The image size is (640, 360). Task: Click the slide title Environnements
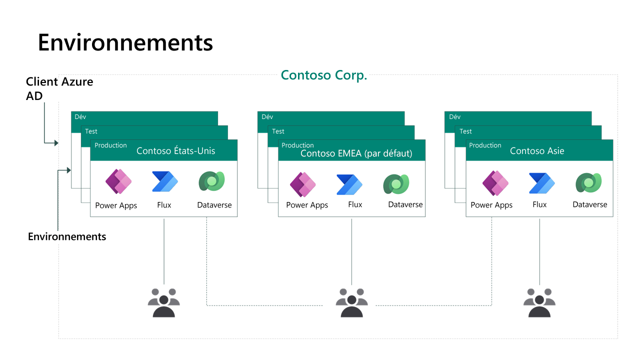tap(125, 42)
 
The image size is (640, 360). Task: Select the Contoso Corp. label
tap(324, 75)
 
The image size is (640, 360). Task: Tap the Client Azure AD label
tap(59, 88)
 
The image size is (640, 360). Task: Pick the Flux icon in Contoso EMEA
tap(349, 184)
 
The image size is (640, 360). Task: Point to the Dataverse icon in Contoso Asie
tap(588, 182)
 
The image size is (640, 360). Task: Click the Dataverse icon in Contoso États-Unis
tap(212, 181)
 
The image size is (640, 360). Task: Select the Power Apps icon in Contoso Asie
tap(495, 182)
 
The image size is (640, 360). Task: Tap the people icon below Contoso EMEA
tap(352, 302)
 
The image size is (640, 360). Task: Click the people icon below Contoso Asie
tap(539, 302)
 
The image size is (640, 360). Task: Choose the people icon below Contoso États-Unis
tap(164, 302)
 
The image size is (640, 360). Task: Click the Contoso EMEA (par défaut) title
tap(356, 153)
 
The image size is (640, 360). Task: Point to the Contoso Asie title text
tap(537, 151)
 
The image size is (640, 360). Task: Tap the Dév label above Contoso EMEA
tap(267, 117)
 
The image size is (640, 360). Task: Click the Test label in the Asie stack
tap(465, 131)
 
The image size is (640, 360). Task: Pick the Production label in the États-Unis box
tap(110, 145)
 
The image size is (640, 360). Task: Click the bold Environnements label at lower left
tap(67, 236)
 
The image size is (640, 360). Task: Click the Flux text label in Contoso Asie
tap(539, 204)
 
